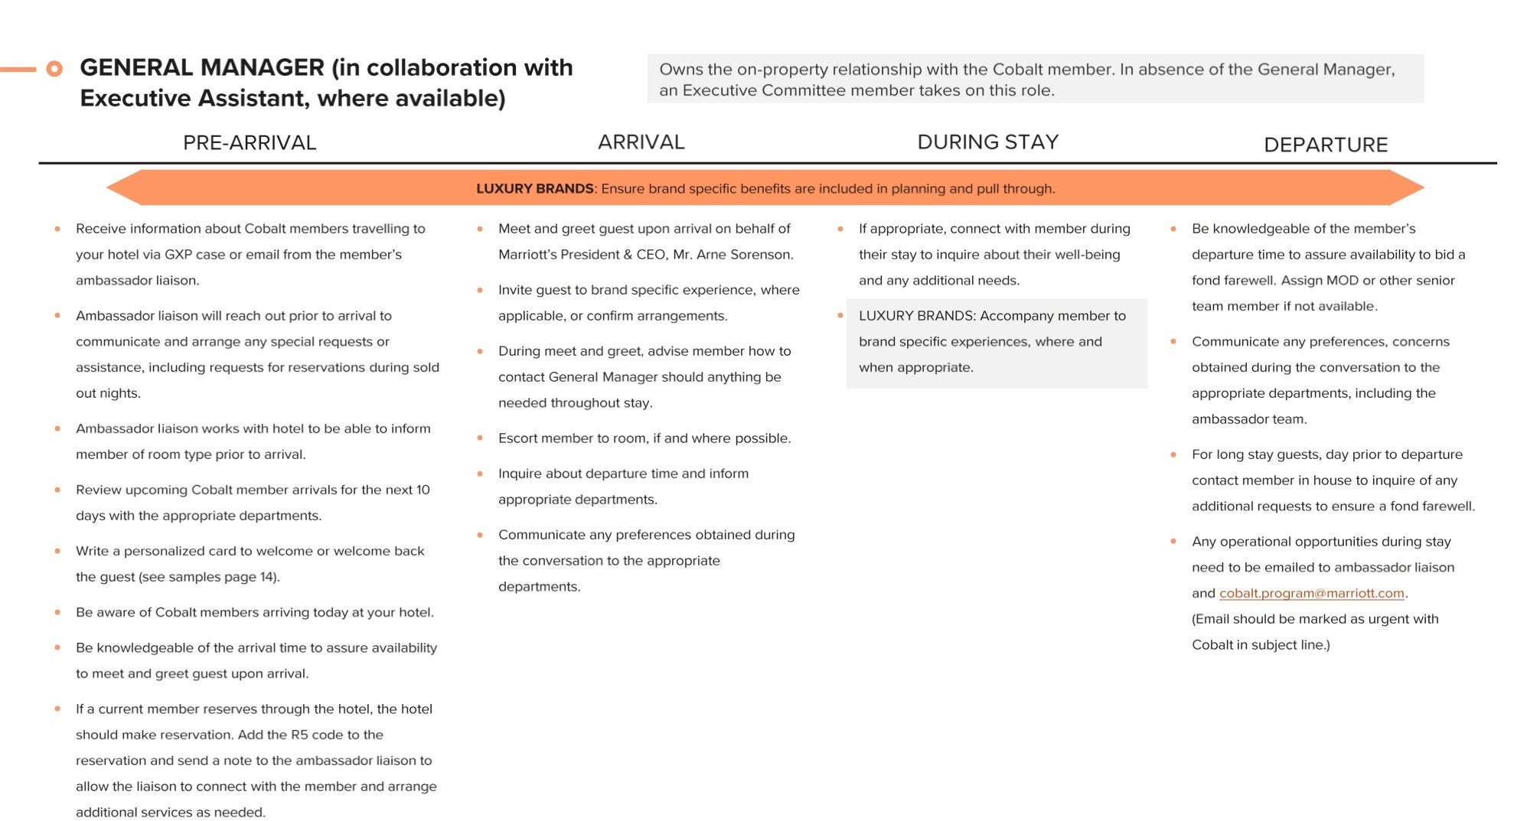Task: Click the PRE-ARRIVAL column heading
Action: [249, 143]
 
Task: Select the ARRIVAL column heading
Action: [641, 142]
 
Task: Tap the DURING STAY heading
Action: [987, 142]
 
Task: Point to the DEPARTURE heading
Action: [1325, 145]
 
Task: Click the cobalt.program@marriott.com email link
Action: [1311, 593]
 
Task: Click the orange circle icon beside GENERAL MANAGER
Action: [54, 69]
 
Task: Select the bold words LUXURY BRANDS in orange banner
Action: [534, 189]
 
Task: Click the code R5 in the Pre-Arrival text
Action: [299, 735]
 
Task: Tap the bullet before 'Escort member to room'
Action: [480, 438]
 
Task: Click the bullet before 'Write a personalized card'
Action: [57, 551]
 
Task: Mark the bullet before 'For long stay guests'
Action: [1173, 454]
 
